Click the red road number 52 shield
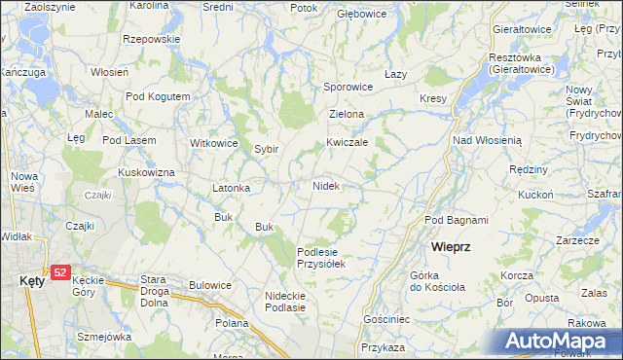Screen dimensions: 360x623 (x=60, y=272)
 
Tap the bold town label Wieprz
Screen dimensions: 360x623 (x=452, y=247)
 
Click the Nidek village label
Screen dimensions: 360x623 (x=326, y=185)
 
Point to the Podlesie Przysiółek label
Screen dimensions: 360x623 (x=321, y=257)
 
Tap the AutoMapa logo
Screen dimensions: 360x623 (x=560, y=341)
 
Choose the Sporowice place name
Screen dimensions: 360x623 (x=348, y=87)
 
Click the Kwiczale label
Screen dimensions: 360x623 (x=347, y=141)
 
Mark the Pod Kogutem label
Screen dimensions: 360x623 (x=157, y=96)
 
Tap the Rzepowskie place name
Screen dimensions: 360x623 (x=152, y=39)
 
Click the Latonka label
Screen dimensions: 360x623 (x=233, y=188)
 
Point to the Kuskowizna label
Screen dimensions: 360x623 (x=146, y=172)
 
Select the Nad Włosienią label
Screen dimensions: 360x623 (x=487, y=140)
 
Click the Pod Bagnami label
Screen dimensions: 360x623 (x=457, y=220)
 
